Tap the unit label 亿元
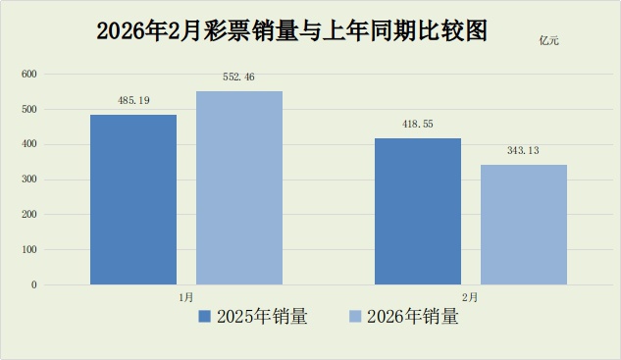(550, 41)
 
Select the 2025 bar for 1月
(133, 199)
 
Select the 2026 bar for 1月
(239, 187)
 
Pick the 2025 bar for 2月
(418, 211)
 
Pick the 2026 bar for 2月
(524, 225)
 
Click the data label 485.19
(133, 100)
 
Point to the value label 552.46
(239, 77)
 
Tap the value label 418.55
(418, 124)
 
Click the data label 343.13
(524, 150)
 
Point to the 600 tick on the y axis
(29, 75)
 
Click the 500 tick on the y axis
(29, 110)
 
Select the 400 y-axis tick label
(29, 144)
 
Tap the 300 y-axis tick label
(29, 180)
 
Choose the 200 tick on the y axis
(29, 215)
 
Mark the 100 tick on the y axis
(29, 250)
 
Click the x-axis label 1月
(186, 295)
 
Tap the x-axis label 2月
(471, 295)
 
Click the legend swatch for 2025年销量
(205, 317)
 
